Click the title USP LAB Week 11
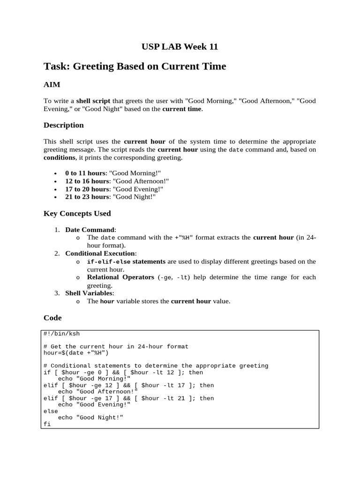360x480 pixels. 180,46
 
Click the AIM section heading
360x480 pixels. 52,84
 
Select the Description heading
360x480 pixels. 64,125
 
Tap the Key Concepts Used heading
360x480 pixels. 77,213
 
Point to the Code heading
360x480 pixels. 52,318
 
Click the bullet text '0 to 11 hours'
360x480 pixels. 85,173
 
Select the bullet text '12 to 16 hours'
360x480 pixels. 87,181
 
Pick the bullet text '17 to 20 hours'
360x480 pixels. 87,189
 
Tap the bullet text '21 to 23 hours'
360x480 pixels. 87,197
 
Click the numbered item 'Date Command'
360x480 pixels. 90,230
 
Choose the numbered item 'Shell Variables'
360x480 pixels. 89,293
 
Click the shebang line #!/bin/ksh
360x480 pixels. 61,334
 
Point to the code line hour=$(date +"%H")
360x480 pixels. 76,353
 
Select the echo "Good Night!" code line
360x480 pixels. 90,417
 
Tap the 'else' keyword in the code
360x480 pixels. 51,411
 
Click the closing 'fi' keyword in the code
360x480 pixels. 47,424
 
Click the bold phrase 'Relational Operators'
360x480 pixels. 120,277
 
